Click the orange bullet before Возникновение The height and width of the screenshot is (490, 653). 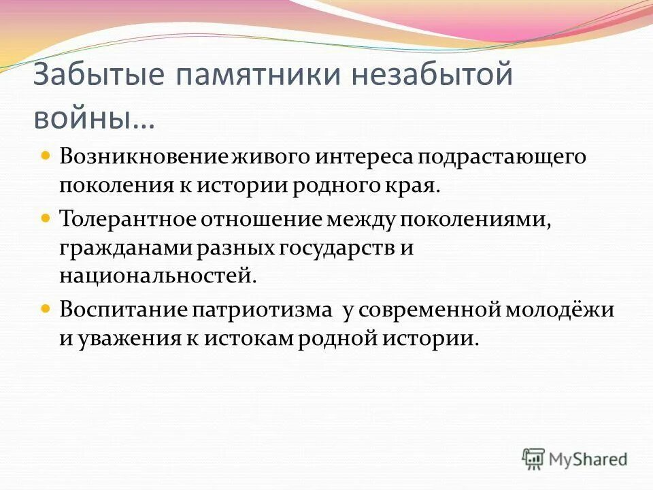pyautogui.click(x=46, y=157)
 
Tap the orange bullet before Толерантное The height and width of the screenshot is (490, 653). pyautogui.click(x=46, y=219)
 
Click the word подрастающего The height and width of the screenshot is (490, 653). pyautogui.click(x=501, y=157)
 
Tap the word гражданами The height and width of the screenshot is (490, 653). pyautogui.click(x=127, y=248)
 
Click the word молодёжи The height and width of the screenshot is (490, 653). pyautogui.click(x=559, y=310)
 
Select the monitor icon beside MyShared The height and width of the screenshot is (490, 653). pyautogui.click(x=534, y=458)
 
